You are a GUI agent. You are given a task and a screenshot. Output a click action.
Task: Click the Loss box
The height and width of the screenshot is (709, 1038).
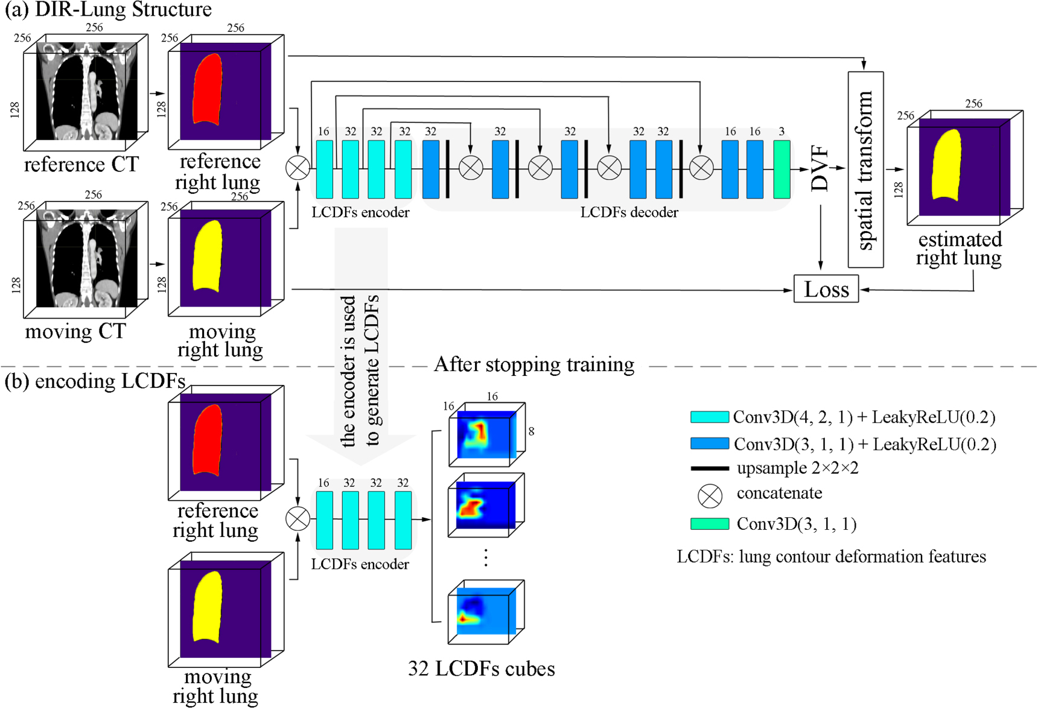click(x=826, y=289)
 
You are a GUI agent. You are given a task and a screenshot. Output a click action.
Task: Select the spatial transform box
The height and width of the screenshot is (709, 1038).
click(x=865, y=170)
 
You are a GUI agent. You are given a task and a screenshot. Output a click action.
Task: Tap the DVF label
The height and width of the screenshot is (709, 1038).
click(x=820, y=168)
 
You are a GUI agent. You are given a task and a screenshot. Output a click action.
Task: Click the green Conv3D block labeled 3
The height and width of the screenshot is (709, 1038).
click(x=782, y=169)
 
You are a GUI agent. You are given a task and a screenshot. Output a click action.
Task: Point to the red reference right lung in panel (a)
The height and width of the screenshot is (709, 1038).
click(x=208, y=89)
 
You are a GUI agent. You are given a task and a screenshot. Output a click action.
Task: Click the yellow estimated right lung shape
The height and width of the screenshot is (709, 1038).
click(x=946, y=164)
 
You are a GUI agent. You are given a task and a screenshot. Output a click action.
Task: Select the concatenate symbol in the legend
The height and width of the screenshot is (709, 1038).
click(x=710, y=495)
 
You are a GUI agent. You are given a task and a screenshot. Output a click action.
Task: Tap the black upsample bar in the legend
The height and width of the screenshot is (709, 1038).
click(x=710, y=468)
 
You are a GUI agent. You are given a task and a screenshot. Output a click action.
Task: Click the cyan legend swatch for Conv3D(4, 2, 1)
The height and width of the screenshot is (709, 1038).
click(x=710, y=417)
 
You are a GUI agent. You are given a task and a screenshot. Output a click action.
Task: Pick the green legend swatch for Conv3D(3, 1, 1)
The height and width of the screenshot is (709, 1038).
click(x=710, y=524)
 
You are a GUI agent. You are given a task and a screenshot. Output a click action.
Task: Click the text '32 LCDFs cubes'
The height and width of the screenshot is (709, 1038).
click(x=481, y=669)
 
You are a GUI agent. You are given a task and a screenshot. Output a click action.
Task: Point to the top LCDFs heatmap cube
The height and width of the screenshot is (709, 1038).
click(x=486, y=434)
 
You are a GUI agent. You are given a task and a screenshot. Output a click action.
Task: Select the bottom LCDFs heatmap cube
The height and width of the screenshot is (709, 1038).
click(x=486, y=611)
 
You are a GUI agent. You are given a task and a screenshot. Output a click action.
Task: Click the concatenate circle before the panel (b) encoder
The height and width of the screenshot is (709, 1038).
click(x=298, y=518)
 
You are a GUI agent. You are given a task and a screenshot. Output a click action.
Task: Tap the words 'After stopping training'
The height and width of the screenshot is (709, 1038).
click(x=534, y=364)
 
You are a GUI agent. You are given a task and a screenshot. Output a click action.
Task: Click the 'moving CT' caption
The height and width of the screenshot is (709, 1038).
click(x=75, y=331)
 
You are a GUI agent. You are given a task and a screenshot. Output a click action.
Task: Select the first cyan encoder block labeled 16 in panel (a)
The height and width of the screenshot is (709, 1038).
click(x=324, y=169)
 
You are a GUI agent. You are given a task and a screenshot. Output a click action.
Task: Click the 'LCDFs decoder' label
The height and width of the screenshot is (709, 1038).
click(x=629, y=212)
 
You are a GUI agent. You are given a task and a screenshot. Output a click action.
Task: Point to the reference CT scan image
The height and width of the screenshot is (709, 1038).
click(x=86, y=91)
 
